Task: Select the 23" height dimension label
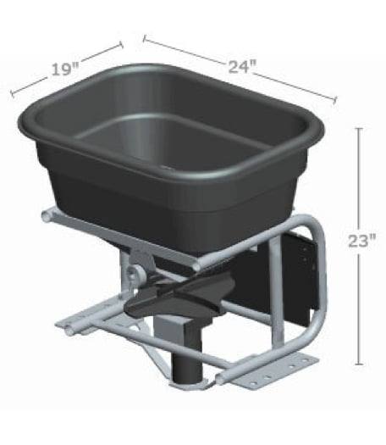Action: click(361, 241)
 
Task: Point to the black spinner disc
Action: click(174, 298)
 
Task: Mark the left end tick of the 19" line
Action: click(11, 93)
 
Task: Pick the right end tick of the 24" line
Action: click(335, 101)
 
